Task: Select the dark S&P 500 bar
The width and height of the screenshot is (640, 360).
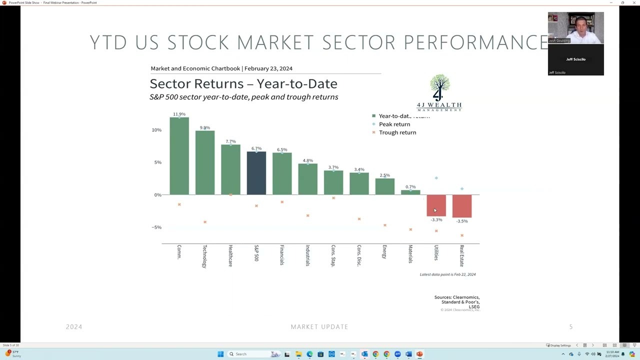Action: click(256, 173)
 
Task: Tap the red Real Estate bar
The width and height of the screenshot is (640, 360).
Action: click(462, 205)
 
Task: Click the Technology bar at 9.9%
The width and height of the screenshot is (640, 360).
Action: click(205, 162)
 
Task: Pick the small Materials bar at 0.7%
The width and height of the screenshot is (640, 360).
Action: click(410, 192)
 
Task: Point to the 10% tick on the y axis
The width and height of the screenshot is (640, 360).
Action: click(156, 130)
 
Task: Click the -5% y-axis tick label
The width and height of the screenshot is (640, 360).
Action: click(156, 227)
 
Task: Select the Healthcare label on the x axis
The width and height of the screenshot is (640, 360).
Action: click(230, 255)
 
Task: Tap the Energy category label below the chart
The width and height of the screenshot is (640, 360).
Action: click(384, 251)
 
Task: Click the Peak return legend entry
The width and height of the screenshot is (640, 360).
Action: click(394, 124)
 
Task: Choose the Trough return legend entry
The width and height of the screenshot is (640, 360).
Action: click(397, 132)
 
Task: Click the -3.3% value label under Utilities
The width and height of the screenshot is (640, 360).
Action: click(436, 220)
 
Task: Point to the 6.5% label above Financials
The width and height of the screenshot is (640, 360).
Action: click(282, 149)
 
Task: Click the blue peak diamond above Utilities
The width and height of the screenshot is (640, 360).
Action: click(436, 178)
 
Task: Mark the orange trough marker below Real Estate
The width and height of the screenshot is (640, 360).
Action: click(462, 235)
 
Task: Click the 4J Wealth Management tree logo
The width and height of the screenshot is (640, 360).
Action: click(439, 92)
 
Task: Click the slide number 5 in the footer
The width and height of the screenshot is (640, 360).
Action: click(571, 327)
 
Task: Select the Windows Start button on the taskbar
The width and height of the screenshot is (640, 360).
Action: click(220, 354)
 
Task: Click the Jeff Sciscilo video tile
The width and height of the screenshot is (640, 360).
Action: click(575, 59)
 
